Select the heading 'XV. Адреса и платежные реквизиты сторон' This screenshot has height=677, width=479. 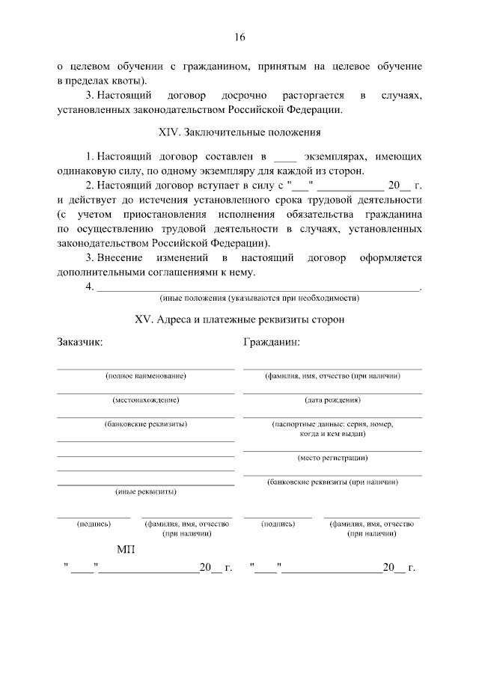[239, 319]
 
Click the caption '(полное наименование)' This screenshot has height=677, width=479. [146, 376]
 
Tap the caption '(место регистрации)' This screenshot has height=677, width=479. [332, 457]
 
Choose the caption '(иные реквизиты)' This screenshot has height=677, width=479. [146, 492]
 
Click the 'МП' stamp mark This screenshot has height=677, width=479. [126, 551]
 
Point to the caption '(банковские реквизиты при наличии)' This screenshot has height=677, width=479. [332, 483]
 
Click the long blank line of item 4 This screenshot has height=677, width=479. [259, 289]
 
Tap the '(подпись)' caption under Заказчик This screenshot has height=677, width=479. [94, 524]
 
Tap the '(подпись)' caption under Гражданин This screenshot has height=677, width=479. [278, 524]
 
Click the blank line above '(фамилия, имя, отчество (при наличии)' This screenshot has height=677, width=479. [332, 369]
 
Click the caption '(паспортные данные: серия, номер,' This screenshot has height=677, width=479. [332, 424]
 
